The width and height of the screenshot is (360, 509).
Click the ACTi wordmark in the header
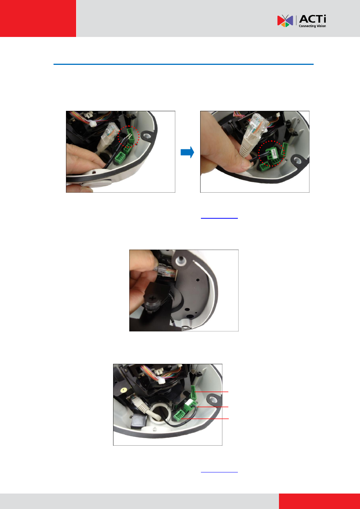pyautogui.click(x=313, y=19)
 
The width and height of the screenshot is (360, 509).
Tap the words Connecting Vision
pyautogui.click(x=312, y=26)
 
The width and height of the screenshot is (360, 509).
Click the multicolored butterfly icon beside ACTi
pyautogui.click(x=285, y=21)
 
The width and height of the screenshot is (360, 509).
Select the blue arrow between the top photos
pyautogui.click(x=187, y=152)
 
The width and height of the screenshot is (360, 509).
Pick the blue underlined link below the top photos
pyautogui.click(x=219, y=218)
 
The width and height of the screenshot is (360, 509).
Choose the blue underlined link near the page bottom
pyautogui.click(x=219, y=472)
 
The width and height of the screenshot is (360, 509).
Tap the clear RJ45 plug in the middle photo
pyautogui.click(x=167, y=272)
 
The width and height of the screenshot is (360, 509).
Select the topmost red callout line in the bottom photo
pyautogui.click(x=212, y=392)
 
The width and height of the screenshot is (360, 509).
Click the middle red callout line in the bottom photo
pyautogui.click(x=213, y=407)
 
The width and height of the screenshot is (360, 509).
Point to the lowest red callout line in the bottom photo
pyautogui.click(x=205, y=419)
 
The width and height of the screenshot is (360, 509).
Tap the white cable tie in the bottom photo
pyautogui.click(x=162, y=380)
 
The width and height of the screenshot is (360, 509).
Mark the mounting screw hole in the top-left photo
pyautogui.click(x=147, y=136)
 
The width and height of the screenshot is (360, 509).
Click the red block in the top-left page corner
pyautogui.click(x=38, y=18)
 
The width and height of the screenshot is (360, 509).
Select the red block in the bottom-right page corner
pyautogui.click(x=319, y=501)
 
